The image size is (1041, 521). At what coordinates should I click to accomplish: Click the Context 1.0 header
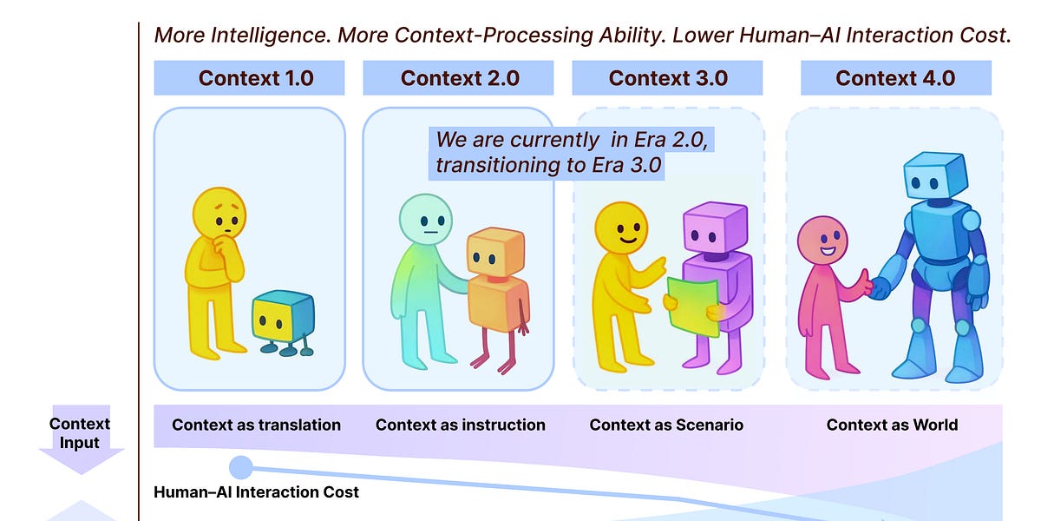point(249,78)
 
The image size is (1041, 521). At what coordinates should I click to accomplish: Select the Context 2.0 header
point(459,78)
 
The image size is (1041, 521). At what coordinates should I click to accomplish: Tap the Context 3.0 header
point(667,78)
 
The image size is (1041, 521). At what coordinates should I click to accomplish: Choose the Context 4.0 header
point(894,78)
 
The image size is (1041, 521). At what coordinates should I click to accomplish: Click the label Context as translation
point(256,425)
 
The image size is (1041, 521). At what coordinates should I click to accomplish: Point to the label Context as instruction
point(460,425)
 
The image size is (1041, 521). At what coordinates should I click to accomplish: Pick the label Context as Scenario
point(666,425)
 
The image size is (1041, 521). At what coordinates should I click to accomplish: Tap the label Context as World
point(892,425)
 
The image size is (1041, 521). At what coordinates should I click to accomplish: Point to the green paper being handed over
point(692,306)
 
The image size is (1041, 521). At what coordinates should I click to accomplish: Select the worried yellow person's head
point(219,214)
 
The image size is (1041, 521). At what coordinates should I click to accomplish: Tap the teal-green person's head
point(425,220)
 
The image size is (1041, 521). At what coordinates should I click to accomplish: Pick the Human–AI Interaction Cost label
point(256,492)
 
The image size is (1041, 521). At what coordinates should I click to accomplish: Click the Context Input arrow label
point(80,433)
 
